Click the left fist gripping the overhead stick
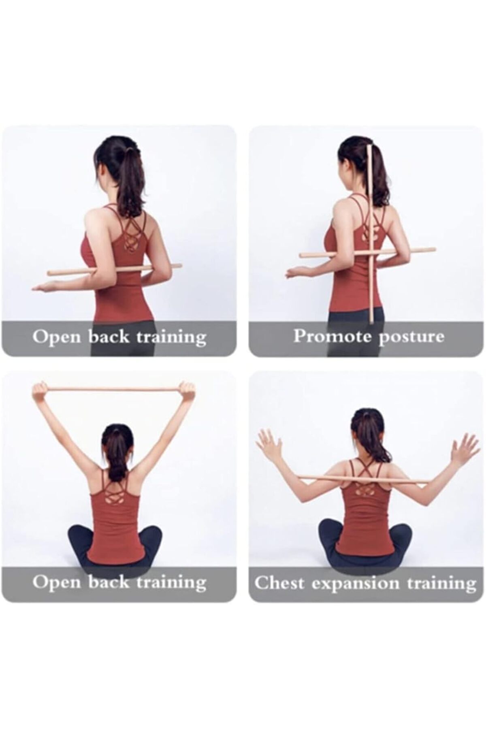(x=40, y=391)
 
